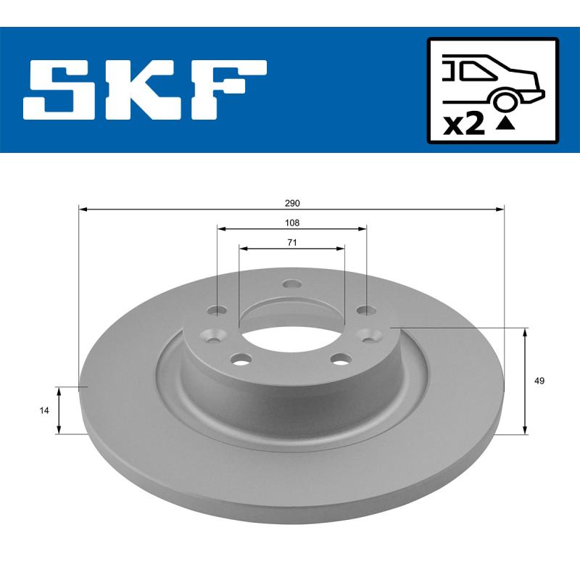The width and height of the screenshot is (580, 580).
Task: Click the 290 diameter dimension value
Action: click(291, 203)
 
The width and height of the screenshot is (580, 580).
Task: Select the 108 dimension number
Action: click(291, 223)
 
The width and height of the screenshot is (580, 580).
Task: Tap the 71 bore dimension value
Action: click(291, 243)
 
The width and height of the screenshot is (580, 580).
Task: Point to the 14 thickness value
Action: click(45, 410)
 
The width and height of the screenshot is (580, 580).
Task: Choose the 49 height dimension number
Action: click(538, 381)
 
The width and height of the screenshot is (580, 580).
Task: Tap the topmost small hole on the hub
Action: click(291, 284)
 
